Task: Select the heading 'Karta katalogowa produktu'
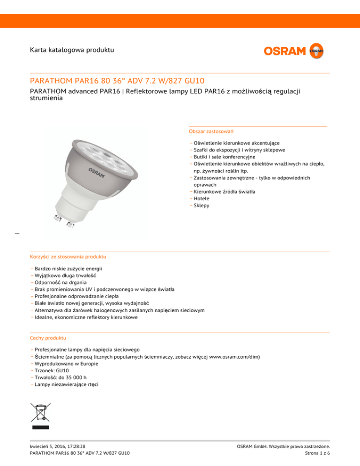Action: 72,49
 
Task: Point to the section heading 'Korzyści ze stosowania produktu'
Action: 67,257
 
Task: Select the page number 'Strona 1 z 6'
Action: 317,453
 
